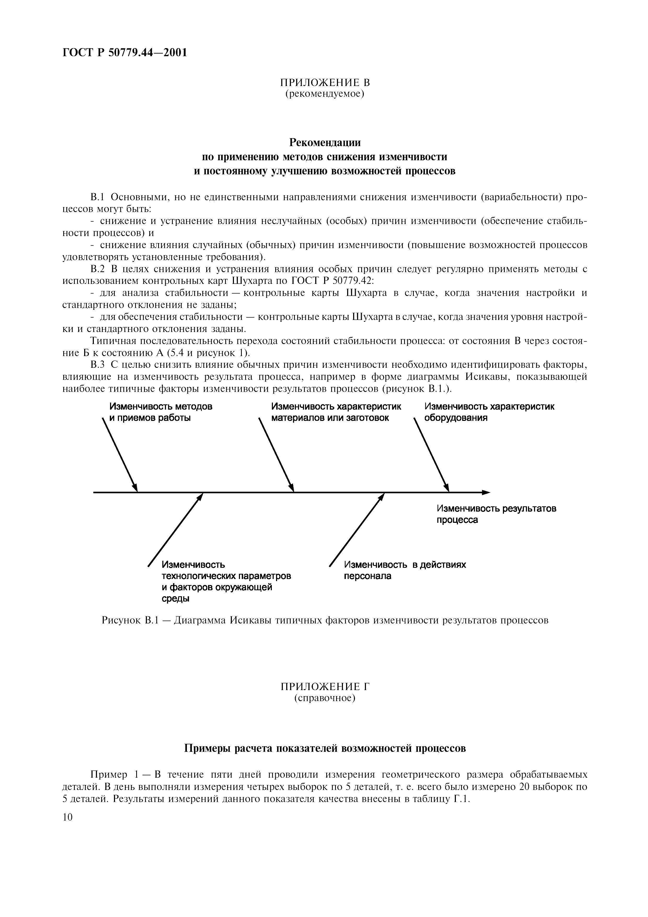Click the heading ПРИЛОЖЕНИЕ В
[325, 83]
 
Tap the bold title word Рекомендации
[325, 142]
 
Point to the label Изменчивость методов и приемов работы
[161, 412]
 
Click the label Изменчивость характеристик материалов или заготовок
[336, 412]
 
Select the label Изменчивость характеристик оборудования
[489, 412]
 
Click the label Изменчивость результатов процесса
[496, 514]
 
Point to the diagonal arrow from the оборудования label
[431, 455]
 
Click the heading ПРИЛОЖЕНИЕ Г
[325, 686]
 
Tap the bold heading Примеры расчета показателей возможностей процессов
[325, 748]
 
